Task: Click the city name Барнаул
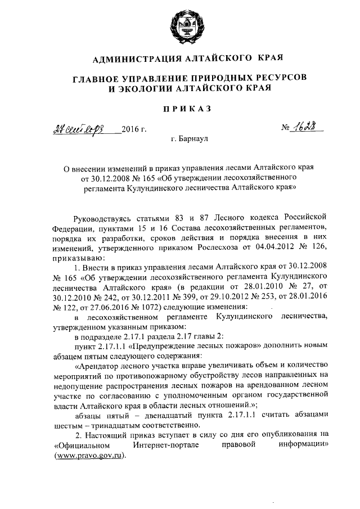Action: [x=195, y=138]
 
